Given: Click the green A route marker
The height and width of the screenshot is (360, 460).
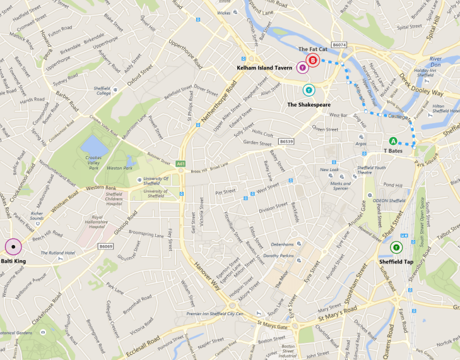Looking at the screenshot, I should (x=393, y=141).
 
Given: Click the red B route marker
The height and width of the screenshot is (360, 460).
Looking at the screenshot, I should (x=312, y=61).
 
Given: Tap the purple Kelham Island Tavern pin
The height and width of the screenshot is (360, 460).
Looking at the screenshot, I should (x=302, y=67).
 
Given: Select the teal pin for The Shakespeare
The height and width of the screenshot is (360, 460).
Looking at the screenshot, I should (x=309, y=90).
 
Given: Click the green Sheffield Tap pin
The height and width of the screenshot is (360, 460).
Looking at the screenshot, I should (x=396, y=247).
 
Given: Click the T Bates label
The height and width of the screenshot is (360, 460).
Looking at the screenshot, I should (x=393, y=152).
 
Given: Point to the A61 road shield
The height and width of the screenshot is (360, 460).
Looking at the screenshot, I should (x=181, y=164).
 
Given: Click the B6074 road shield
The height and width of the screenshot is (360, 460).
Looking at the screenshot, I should (x=339, y=45).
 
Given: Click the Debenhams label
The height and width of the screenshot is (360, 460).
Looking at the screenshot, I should (x=282, y=244).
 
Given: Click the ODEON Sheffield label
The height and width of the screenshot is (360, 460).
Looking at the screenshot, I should (x=388, y=200).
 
